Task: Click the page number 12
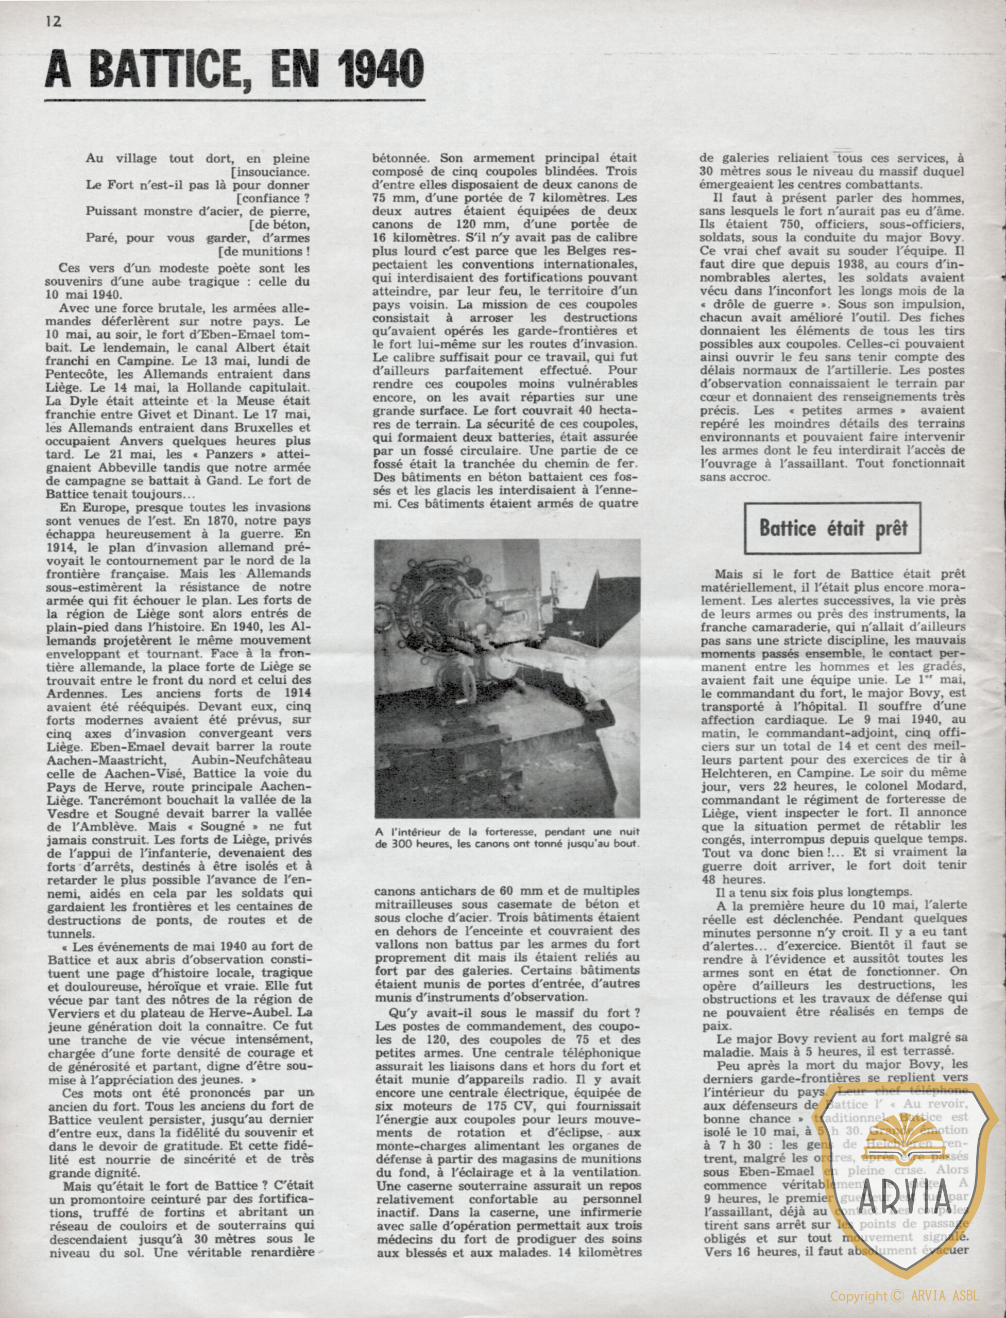53,21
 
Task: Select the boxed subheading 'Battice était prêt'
833,528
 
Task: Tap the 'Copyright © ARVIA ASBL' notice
904,1296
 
